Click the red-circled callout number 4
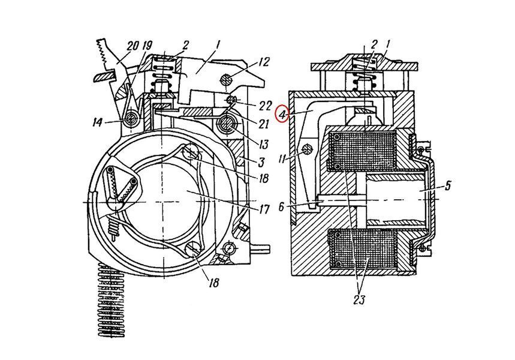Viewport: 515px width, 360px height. (282, 115)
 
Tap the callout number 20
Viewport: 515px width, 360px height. (132, 46)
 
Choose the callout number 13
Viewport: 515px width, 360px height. (263, 144)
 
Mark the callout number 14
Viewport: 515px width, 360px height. (98, 122)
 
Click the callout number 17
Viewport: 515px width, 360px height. (264, 209)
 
